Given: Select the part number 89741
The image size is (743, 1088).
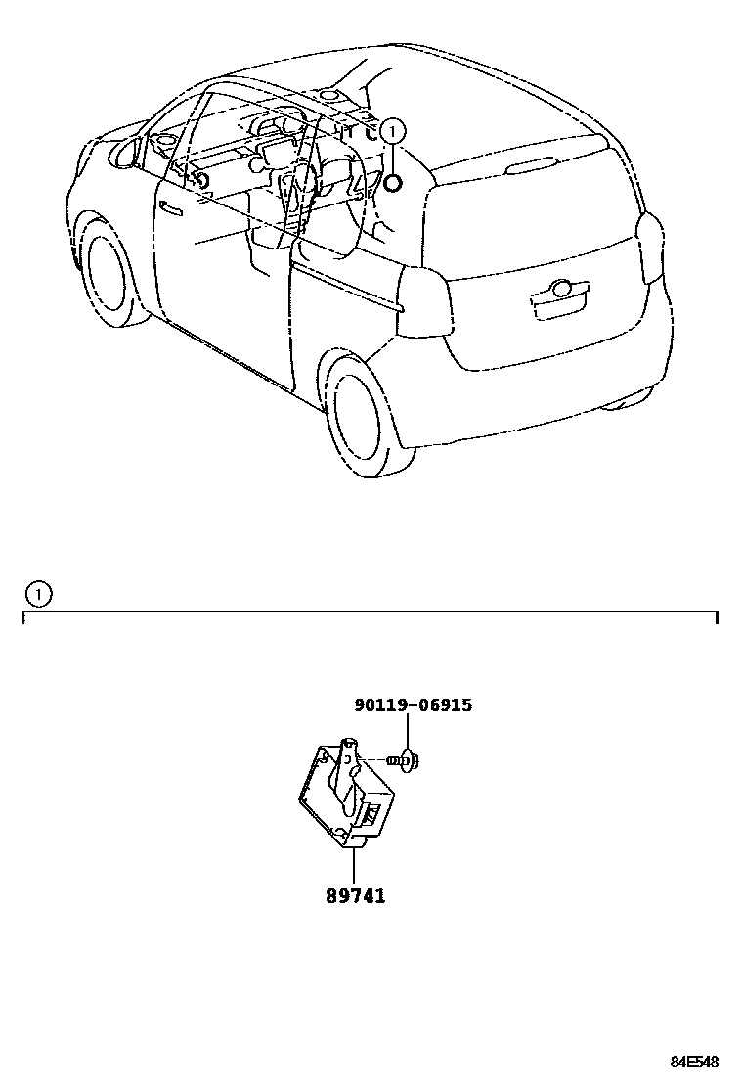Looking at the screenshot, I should click(x=356, y=895).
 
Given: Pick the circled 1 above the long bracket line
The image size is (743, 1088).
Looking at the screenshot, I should click(x=38, y=592).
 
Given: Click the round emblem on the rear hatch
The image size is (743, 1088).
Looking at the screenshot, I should click(x=561, y=290).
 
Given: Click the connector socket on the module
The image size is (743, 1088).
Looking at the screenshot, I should click(x=371, y=811).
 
